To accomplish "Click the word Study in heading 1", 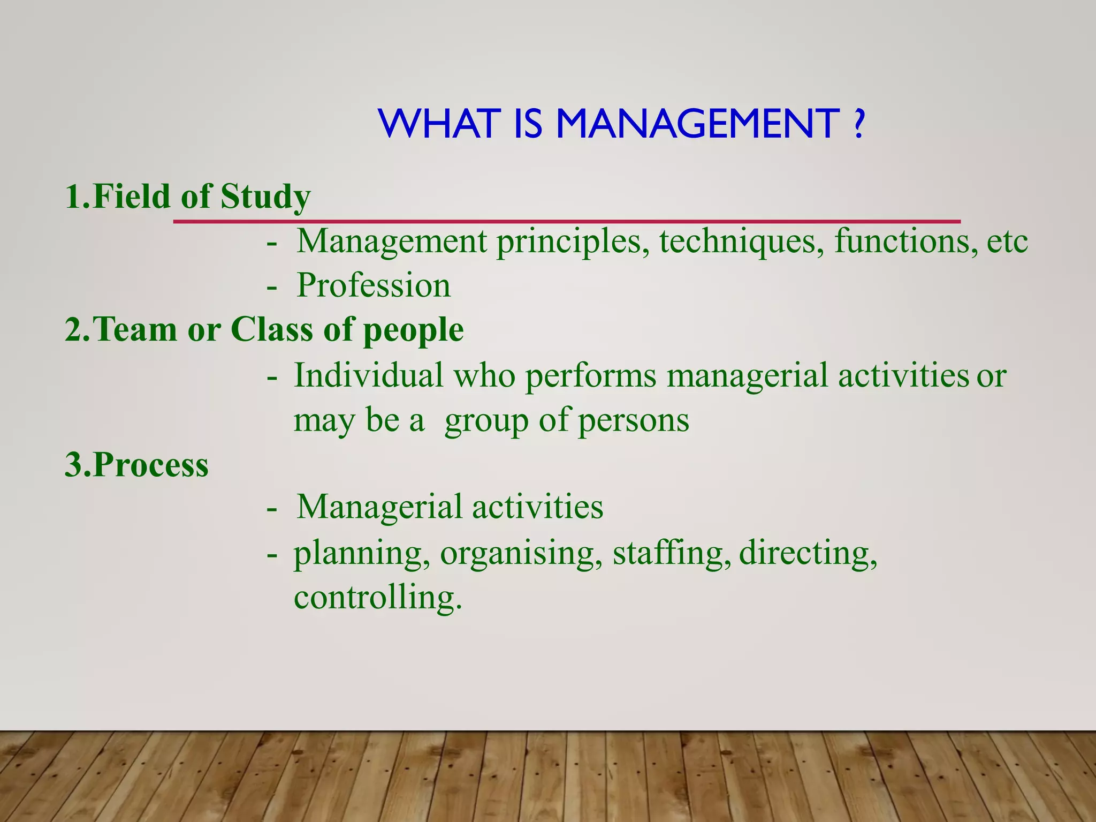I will point(265,197).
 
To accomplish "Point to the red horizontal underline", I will point(567,221).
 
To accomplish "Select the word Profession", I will point(374,285).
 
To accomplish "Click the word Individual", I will point(369,375).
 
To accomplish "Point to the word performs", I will point(590,376).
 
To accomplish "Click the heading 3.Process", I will point(136,464).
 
